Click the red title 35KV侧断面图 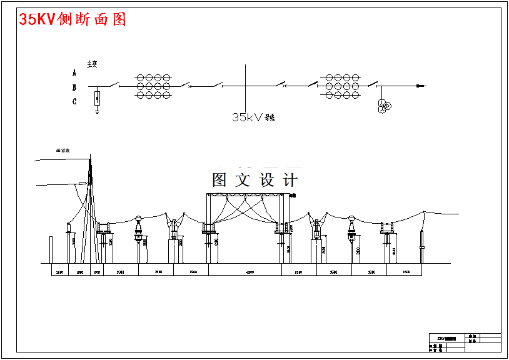[x=73, y=19]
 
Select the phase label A [x=74, y=72]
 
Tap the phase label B [x=74, y=87]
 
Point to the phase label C [x=74, y=101]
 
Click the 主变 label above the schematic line [x=92, y=64]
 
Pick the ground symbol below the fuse [x=98, y=111]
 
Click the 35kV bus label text [x=253, y=117]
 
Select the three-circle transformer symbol [x=383, y=106]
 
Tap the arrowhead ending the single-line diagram [x=422, y=86]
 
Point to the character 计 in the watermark [x=290, y=180]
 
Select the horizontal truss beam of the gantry [x=245, y=196]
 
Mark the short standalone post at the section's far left [x=51, y=249]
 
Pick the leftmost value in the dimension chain [x=59, y=272]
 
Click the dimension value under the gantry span [x=249, y=272]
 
